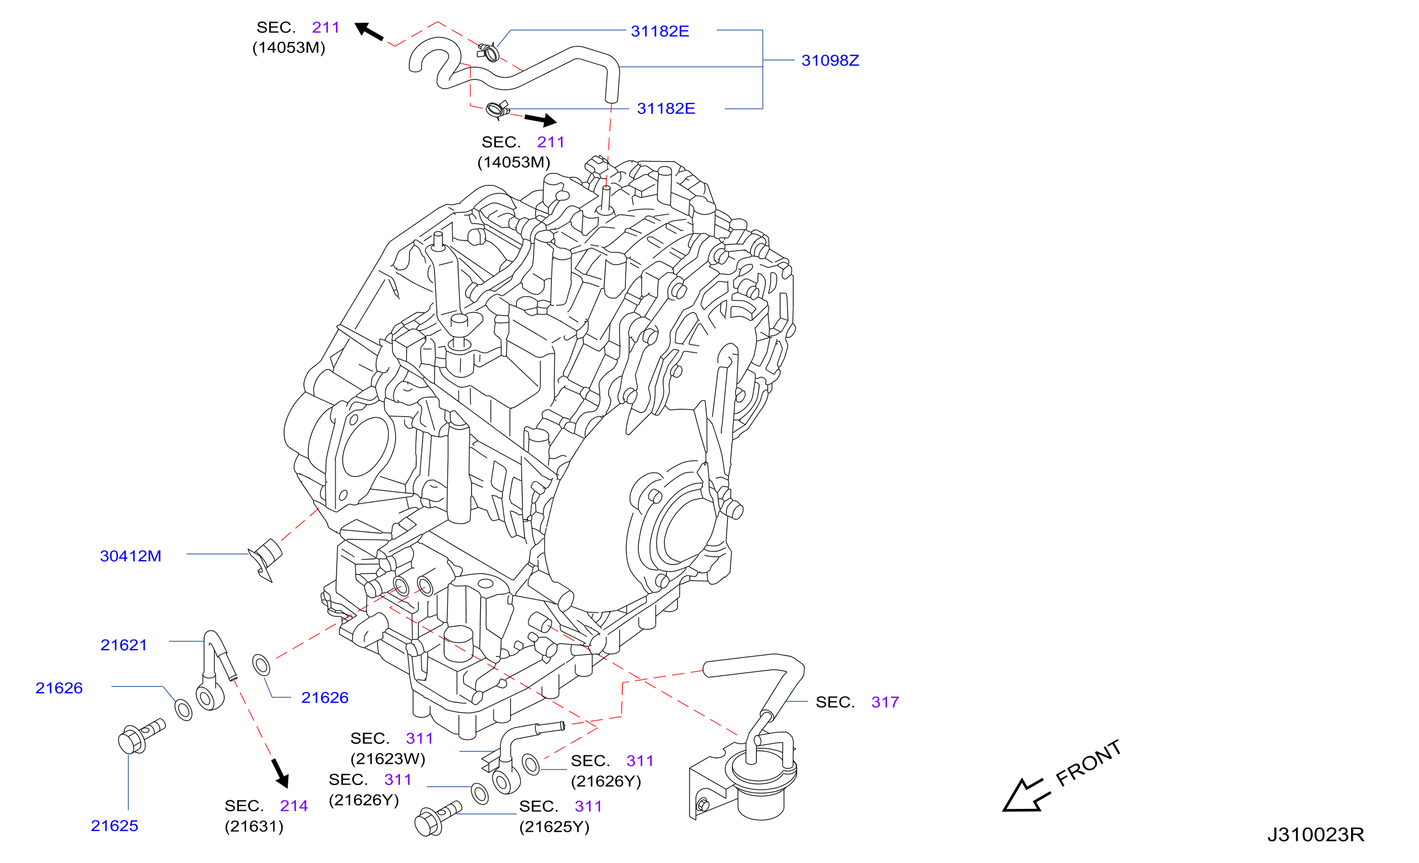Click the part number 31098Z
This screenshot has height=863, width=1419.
click(830, 60)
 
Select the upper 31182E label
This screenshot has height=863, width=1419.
click(660, 31)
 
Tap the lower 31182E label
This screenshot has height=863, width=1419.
click(666, 109)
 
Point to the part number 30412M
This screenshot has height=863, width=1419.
click(131, 556)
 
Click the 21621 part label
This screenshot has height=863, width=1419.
click(124, 645)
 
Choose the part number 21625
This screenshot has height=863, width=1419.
click(115, 826)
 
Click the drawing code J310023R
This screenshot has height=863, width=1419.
click(1316, 835)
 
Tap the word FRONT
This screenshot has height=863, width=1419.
click(1088, 764)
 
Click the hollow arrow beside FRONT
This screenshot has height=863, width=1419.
click(1026, 795)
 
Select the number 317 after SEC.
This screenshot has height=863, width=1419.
click(885, 702)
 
